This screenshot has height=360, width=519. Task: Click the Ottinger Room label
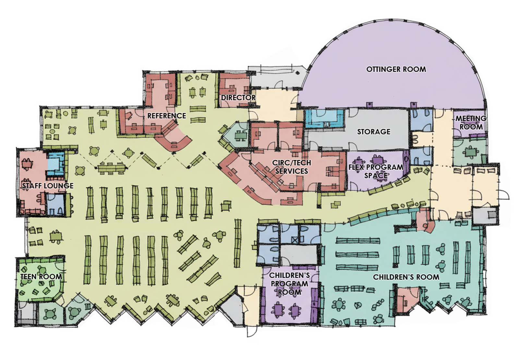[x=396, y=69]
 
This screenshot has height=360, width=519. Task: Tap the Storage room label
[x=374, y=132]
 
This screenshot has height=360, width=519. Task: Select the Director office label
[x=238, y=98]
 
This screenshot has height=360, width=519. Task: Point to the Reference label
[x=167, y=116]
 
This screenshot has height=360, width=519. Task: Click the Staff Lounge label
[x=48, y=186]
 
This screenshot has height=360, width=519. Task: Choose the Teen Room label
[x=41, y=277]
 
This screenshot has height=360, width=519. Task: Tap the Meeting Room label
[x=471, y=123]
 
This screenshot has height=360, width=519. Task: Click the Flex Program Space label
[x=376, y=171]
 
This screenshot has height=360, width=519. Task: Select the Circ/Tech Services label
[x=292, y=167]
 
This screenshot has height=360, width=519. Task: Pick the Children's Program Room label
[x=289, y=284]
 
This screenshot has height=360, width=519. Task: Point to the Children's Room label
[x=406, y=277]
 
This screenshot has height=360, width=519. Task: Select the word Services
[x=292, y=171]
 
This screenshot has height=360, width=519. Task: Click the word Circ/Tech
[x=292, y=163]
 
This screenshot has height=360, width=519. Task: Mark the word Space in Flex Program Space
[x=376, y=176]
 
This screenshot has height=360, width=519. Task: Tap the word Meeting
[x=471, y=118]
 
